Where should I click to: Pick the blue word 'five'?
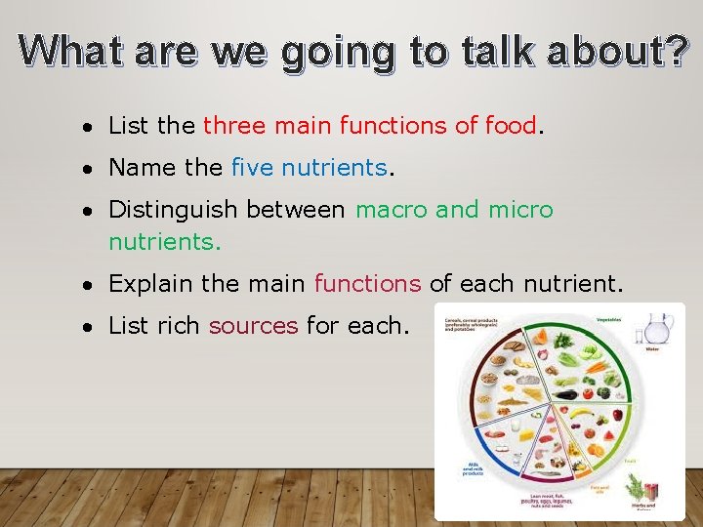[x=252, y=168]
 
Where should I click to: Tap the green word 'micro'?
[x=519, y=210]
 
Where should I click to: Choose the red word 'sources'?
[x=253, y=325]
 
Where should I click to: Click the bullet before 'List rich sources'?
[x=88, y=326]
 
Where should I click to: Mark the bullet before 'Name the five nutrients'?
[x=88, y=169]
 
